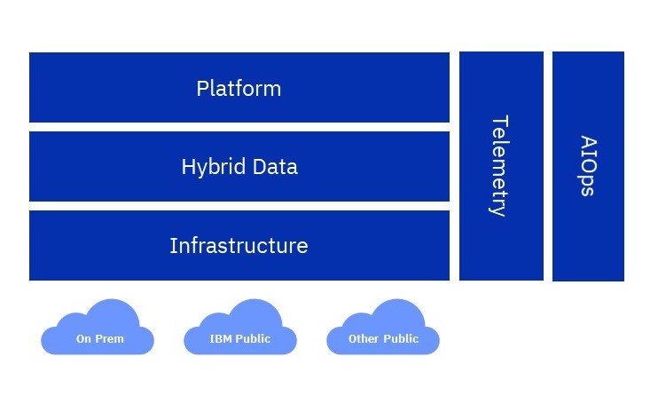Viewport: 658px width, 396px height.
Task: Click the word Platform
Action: pyautogui.click(x=239, y=89)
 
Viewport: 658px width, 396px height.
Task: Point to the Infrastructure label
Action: pyautogui.click(x=239, y=245)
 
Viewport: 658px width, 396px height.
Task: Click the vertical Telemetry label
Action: pyautogui.click(x=499, y=166)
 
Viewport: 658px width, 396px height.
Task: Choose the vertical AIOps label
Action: pyautogui.click(x=587, y=166)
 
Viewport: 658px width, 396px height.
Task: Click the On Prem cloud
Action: pyautogui.click(x=98, y=330)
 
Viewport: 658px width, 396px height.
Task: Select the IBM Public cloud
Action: pyautogui.click(x=239, y=330)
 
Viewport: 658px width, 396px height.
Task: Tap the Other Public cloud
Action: pyautogui.click(x=383, y=330)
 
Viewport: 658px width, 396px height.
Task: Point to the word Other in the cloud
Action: pyautogui.click(x=364, y=339)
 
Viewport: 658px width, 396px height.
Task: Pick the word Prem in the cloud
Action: pyautogui.click(x=110, y=339)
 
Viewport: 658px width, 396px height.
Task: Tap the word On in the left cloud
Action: pyautogui.click(x=83, y=339)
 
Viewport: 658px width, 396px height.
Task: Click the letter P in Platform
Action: pyautogui.click(x=202, y=89)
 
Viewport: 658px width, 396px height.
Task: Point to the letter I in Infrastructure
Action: pyautogui.click(x=173, y=245)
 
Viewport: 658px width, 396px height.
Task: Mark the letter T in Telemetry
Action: pyautogui.click(x=499, y=121)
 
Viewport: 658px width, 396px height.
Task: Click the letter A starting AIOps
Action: pyautogui.click(x=587, y=141)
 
